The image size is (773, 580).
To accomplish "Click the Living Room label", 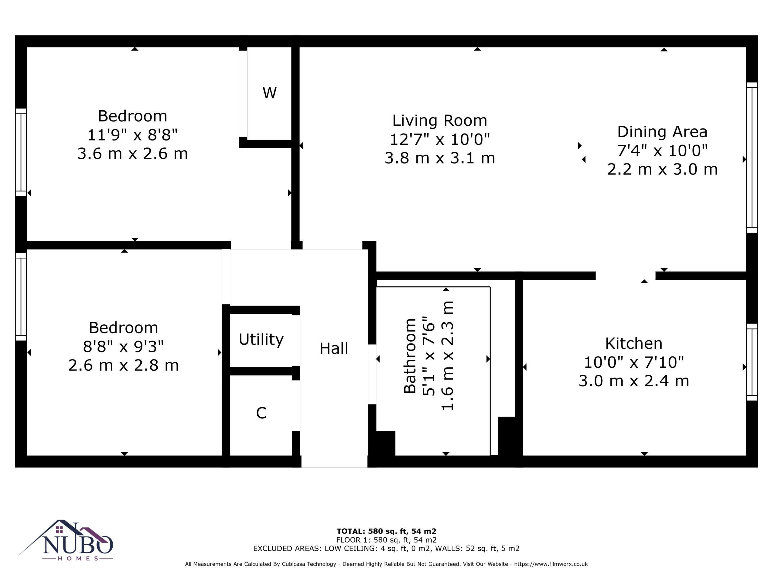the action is (x=440, y=121).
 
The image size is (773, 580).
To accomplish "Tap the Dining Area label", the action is (x=662, y=132).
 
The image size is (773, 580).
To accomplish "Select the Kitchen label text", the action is (x=633, y=343).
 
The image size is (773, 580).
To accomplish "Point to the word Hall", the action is (x=334, y=348).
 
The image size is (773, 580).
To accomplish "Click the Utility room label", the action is (x=261, y=340).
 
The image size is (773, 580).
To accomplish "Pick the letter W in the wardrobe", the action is (x=269, y=93).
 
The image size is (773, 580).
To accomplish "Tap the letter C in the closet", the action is (x=261, y=413).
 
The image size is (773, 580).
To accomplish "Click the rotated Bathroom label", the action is (x=410, y=356).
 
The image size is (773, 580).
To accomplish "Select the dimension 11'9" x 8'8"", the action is (x=133, y=135).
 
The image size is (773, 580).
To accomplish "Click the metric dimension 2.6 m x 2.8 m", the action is (x=123, y=365).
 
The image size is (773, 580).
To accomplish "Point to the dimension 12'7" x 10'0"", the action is (x=440, y=139).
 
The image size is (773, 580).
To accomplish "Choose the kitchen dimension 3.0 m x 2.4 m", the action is (x=633, y=381).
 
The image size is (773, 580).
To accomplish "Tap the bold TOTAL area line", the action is (x=386, y=531).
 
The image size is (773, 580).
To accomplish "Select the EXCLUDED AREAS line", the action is (x=386, y=548).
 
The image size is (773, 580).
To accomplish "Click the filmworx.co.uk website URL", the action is (x=551, y=564).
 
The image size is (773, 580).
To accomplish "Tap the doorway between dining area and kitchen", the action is (x=626, y=275).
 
